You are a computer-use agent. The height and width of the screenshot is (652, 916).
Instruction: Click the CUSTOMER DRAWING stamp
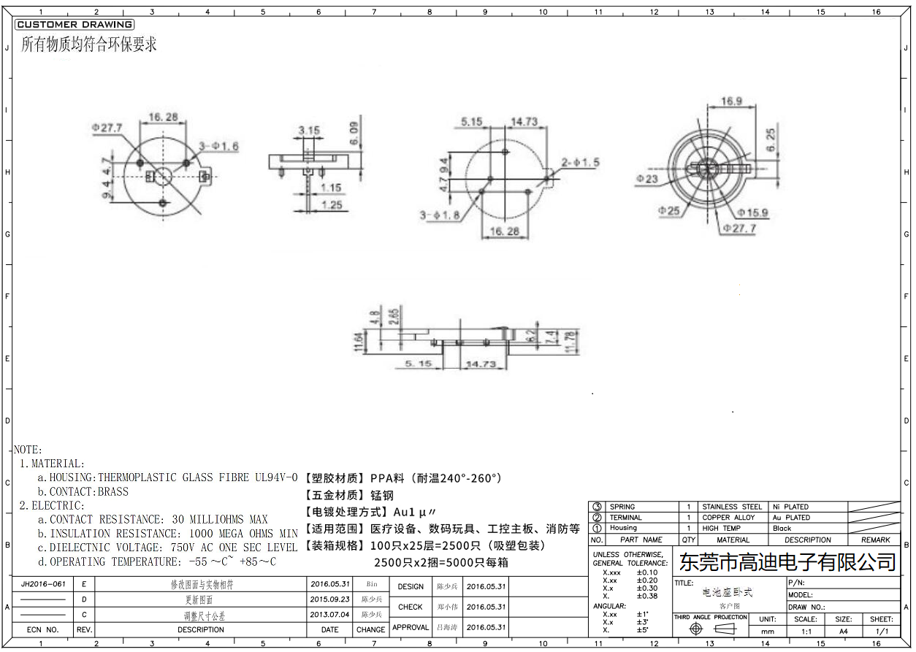pos(75,25)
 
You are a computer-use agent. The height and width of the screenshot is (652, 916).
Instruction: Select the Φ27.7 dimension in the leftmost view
pos(107,127)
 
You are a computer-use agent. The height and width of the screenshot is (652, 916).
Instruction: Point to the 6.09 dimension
pos(354,132)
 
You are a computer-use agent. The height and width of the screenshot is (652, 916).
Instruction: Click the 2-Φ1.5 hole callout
pos(580,162)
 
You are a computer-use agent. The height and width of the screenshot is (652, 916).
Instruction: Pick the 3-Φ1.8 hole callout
pos(440,215)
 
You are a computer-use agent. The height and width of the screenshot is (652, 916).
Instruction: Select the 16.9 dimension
pos(731,101)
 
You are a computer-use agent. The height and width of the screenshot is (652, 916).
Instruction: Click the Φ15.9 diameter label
pos(752,212)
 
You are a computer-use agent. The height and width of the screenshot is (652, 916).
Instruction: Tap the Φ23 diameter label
pos(647,178)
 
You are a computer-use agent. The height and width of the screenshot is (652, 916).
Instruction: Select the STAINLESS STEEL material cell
pos(732,507)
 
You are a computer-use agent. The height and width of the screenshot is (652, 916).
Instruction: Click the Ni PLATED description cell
pos(790,507)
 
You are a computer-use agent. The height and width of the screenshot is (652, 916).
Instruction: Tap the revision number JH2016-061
pos(44,584)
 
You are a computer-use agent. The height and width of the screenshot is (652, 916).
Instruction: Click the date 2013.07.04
pos(330,615)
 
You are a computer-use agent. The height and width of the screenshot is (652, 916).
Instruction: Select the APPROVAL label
pos(411,627)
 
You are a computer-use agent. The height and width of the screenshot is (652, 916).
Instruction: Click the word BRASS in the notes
pos(112,492)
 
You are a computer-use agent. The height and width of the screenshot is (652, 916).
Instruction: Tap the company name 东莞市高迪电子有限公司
pos(787,562)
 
